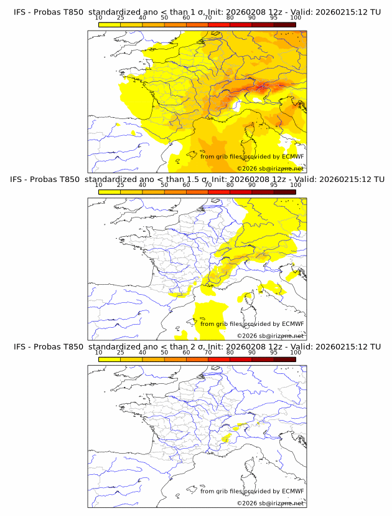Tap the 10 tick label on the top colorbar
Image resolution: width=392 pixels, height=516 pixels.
[x=98, y=18]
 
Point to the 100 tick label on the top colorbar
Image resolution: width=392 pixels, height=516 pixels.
[x=296, y=18]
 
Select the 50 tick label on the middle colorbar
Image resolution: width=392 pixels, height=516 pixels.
[x=164, y=185]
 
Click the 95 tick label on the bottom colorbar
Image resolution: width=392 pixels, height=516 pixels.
[x=274, y=352]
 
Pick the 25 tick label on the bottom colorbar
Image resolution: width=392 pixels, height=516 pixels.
[x=120, y=352]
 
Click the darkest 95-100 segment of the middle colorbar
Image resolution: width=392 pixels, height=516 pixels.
[x=284, y=192]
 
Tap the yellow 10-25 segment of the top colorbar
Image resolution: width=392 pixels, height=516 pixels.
[x=110, y=25]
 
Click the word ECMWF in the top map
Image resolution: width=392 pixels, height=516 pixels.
[x=292, y=157]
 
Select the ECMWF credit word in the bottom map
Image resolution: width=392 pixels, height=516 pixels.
[x=292, y=491]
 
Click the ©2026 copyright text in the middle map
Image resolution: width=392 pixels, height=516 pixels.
[x=246, y=336]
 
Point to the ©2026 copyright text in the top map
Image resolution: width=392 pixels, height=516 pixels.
[x=246, y=169]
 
